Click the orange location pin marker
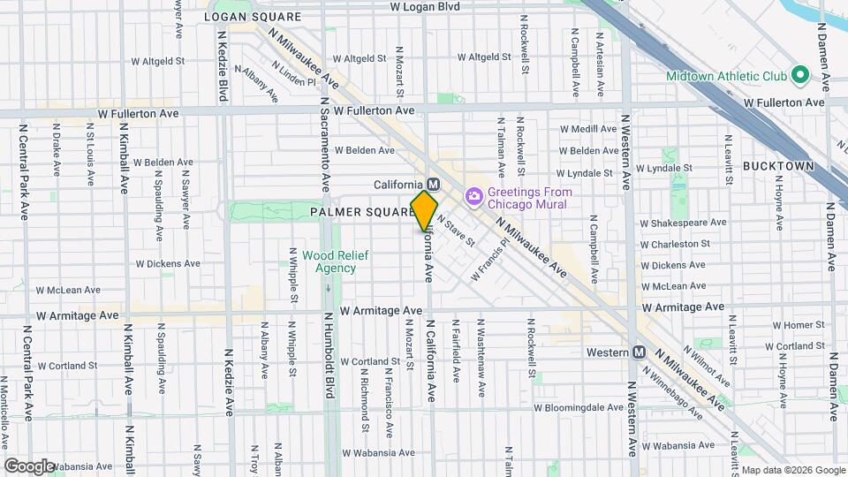425,210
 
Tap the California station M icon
433,184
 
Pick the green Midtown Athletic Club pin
800,76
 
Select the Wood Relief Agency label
329,261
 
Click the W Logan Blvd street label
426,6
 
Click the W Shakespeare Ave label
683,222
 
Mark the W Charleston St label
675,244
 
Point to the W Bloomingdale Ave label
579,408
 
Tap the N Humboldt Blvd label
328,353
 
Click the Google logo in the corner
28,466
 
